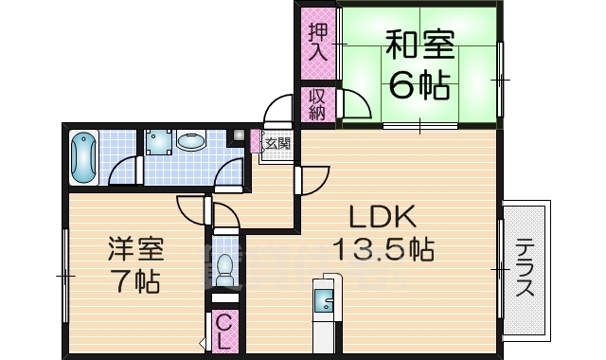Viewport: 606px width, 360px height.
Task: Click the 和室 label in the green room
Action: pos(418,45)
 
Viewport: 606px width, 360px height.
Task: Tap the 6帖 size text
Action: pos(418,87)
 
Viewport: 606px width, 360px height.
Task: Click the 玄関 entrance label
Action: pos(276,144)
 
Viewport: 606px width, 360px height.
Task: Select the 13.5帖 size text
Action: pos(383,250)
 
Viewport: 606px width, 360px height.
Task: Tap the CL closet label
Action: pos(223,331)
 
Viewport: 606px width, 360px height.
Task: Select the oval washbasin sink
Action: pos(192,142)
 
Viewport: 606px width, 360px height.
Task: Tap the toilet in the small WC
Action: pos(224,271)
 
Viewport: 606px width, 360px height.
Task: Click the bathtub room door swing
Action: pos(123,171)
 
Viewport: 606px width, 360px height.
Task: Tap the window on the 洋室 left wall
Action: pos(64,275)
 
